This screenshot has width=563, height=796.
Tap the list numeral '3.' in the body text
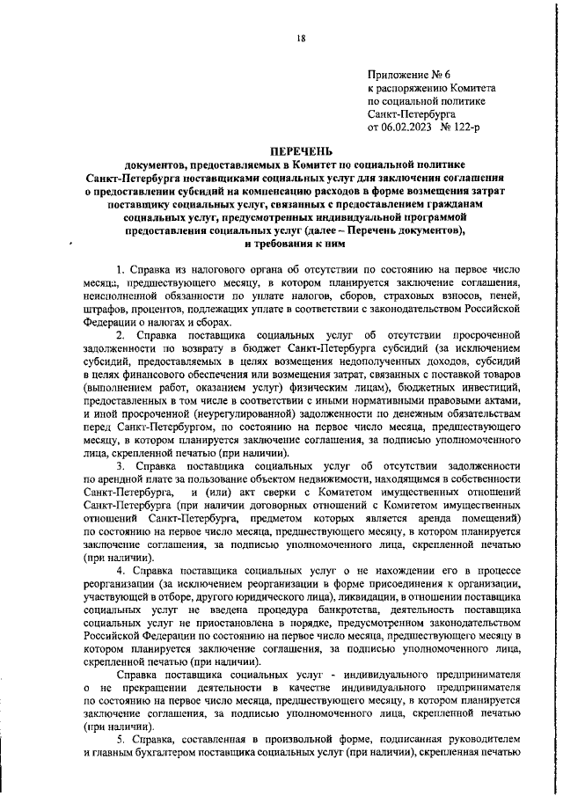(121, 464)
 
